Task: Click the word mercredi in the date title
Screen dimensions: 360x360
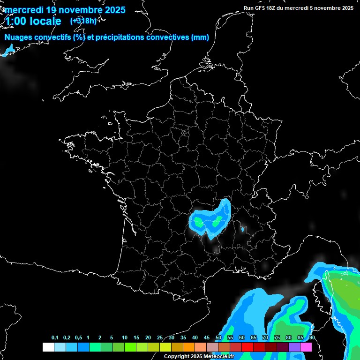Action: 23,10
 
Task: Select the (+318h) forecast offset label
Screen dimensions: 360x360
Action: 83,21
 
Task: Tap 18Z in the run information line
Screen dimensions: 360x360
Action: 277,8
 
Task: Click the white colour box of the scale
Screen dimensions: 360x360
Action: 48,347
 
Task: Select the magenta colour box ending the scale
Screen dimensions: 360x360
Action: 306,347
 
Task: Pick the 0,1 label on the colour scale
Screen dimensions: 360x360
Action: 55,338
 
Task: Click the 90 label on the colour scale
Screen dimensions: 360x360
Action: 312,338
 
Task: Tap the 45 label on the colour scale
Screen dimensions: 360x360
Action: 207,338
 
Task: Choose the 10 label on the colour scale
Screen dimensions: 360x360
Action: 124,338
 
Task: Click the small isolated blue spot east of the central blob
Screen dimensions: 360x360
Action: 242,229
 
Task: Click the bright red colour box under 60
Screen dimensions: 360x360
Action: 247,347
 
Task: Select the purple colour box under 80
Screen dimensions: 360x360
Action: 294,347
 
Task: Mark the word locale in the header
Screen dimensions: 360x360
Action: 45,21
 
